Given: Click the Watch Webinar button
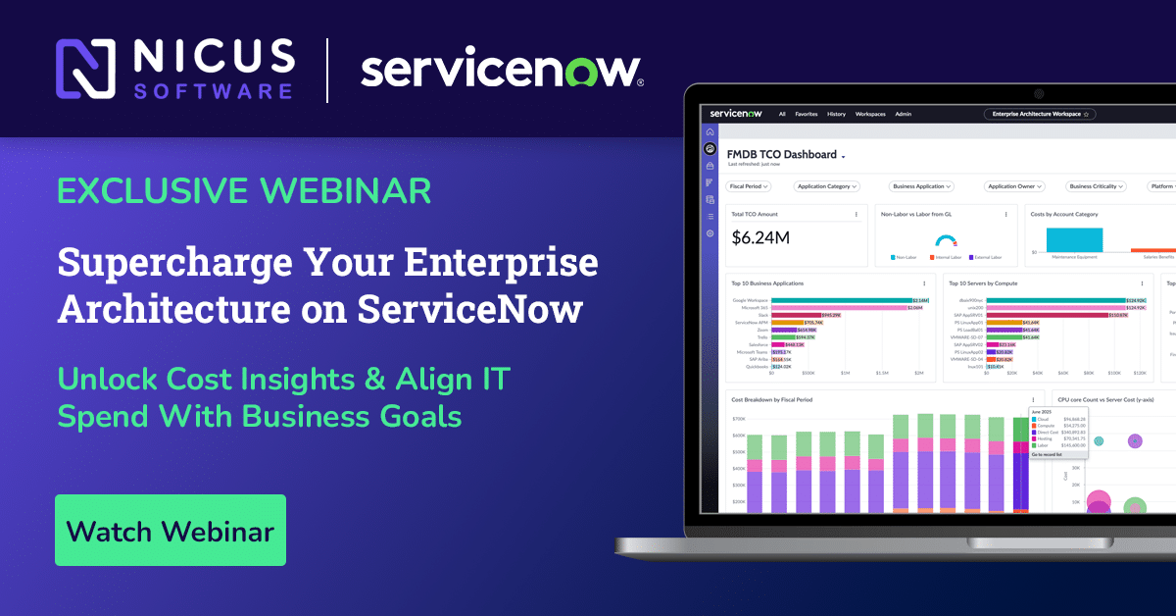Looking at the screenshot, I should (x=170, y=531).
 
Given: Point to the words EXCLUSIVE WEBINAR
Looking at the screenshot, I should (x=243, y=190).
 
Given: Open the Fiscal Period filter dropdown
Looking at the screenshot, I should (x=750, y=185).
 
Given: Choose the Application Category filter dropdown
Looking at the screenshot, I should (x=825, y=185).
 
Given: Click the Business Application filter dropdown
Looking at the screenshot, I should (x=921, y=185).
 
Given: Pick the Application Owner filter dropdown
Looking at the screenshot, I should (x=1014, y=185).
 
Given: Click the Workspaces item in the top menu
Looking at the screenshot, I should (x=870, y=114).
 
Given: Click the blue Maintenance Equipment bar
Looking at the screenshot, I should (x=1074, y=239).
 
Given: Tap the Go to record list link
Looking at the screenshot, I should (x=1047, y=455).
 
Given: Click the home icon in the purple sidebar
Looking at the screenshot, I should (x=710, y=131).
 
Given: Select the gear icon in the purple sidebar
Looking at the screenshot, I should (x=710, y=233).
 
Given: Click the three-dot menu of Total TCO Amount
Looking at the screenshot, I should (x=856, y=214).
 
